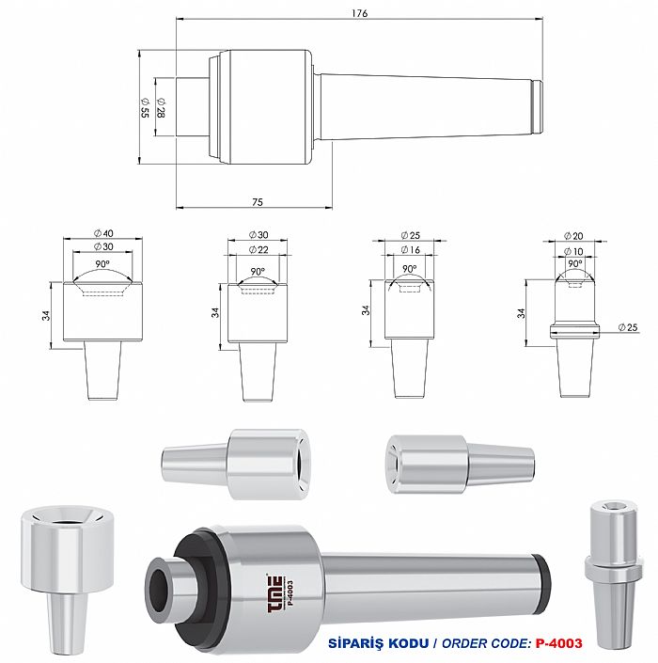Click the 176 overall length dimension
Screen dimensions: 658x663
coord(360,13)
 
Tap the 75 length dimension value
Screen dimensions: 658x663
coord(258,202)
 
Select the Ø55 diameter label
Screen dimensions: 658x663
coord(145,107)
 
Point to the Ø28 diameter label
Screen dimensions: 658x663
coord(161,107)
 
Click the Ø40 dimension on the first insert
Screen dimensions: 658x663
coord(103,233)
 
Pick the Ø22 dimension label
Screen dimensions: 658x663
coord(258,250)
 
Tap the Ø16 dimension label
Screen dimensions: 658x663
coord(411,250)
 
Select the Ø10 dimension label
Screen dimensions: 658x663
coord(573,252)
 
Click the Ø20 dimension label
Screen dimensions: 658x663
coord(573,236)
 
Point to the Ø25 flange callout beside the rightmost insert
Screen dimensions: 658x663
coord(628,327)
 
